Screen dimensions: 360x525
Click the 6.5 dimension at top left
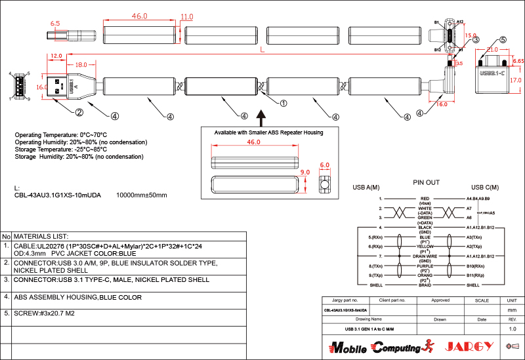point(54,24)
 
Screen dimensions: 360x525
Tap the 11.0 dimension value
point(186,16)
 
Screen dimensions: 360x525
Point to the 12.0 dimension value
point(56,56)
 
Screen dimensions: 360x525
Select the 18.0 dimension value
point(81,65)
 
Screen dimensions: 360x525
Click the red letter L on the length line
point(262,50)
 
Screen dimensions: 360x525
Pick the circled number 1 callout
point(283,103)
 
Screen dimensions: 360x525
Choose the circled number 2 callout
point(79,112)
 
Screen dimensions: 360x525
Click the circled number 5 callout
point(503,40)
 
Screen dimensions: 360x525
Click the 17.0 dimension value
point(515,81)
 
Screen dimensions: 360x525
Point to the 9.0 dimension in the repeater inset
point(304,172)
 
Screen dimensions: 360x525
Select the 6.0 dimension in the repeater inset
point(324,165)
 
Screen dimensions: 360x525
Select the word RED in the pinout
point(425,197)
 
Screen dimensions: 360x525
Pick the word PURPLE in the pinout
point(425,266)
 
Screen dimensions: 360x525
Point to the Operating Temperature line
point(60,134)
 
